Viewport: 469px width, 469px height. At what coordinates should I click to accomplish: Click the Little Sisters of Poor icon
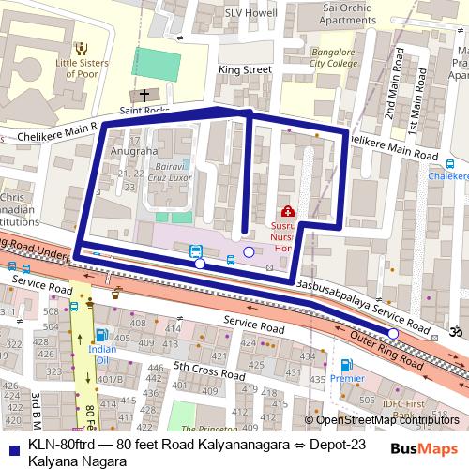[x=82, y=47]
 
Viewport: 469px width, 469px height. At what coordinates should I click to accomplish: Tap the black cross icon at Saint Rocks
[x=144, y=95]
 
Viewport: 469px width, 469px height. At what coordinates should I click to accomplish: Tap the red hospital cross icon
[x=287, y=212]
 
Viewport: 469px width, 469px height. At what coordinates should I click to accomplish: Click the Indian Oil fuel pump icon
[x=101, y=335]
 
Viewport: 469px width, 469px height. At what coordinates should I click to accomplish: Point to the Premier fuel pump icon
[x=346, y=365]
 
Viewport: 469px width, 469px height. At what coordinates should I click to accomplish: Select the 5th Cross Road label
[x=195, y=368]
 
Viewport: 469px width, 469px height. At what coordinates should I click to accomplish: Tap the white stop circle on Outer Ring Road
[x=393, y=334]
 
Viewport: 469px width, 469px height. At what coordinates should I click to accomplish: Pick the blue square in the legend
[x=14, y=444]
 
